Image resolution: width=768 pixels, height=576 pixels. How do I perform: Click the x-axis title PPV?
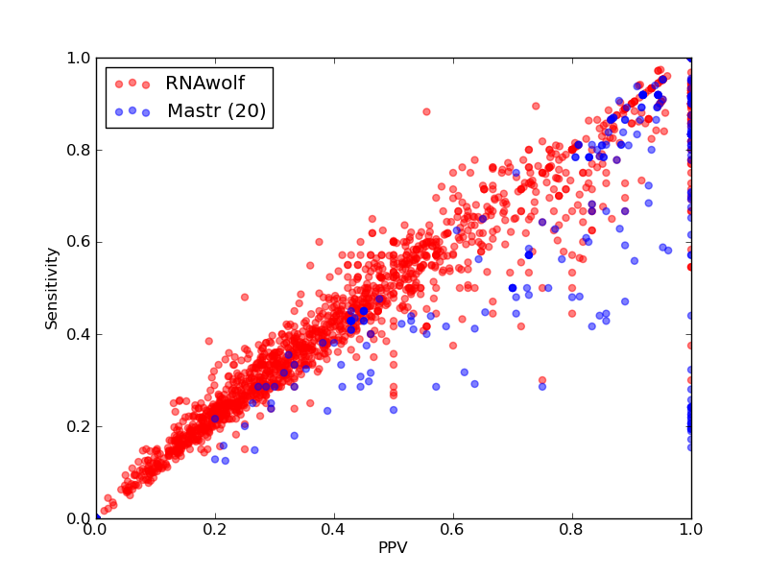(393, 547)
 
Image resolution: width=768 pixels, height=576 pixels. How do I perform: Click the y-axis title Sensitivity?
(52, 289)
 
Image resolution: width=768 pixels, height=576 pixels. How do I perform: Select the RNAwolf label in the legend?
(204, 84)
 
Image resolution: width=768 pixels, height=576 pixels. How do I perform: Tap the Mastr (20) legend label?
(217, 110)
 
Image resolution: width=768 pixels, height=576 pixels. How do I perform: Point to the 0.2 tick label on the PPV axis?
(215, 530)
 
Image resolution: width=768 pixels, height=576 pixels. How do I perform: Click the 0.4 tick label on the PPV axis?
(334, 530)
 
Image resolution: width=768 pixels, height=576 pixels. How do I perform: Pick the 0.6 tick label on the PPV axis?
(453, 530)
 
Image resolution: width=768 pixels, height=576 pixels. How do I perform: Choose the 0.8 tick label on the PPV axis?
(572, 530)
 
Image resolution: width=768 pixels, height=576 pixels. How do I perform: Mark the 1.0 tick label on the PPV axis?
(691, 530)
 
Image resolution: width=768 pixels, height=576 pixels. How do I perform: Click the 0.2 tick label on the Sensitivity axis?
(79, 426)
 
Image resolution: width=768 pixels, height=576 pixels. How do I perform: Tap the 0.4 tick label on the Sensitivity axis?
(79, 334)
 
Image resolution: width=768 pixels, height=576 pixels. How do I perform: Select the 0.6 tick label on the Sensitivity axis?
(79, 243)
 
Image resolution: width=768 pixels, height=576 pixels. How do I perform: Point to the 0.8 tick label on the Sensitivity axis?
(79, 151)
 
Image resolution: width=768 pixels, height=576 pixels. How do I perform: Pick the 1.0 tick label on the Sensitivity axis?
(79, 59)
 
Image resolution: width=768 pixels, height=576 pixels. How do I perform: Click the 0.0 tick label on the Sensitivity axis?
(79, 518)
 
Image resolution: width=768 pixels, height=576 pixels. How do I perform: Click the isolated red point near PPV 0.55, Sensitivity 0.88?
(426, 111)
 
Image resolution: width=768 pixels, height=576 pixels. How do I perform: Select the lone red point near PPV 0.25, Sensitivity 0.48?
(245, 297)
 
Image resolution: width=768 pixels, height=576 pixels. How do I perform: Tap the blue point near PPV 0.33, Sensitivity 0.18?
(295, 436)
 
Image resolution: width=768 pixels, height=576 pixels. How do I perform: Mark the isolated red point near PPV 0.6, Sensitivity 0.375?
(453, 346)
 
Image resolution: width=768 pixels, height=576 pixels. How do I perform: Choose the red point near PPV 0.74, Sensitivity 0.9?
(536, 106)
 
